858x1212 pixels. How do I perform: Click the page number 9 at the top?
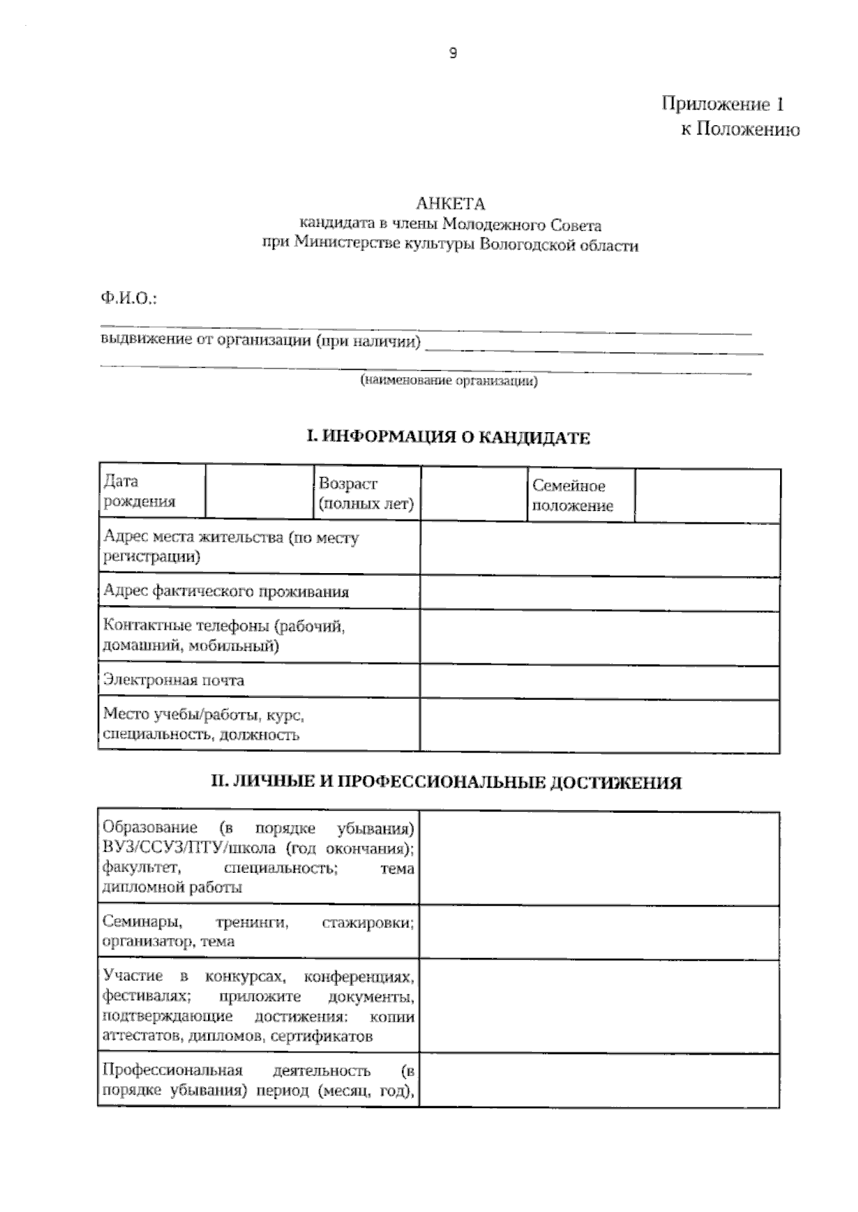tap(453, 53)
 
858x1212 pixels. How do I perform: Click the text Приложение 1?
tap(722, 104)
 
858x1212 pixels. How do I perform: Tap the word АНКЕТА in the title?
tap(450, 205)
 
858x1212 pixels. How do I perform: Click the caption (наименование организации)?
tap(448, 381)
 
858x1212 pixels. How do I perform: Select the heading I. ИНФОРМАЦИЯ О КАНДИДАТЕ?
tap(448, 437)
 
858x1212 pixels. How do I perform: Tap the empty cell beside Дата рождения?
tap(259, 492)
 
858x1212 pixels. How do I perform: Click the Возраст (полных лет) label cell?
tap(366, 494)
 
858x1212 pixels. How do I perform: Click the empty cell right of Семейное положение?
tap(707, 496)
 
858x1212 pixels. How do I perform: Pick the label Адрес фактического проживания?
tap(226, 592)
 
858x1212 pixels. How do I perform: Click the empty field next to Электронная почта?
tap(599, 682)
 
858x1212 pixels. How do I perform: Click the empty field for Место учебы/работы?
tap(599, 726)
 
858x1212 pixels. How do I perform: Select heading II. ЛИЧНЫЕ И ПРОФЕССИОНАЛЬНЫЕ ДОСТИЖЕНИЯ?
tap(446, 783)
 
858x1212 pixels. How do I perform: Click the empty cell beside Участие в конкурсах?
tap(599, 1006)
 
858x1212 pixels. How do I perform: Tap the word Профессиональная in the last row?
tap(172, 1071)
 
